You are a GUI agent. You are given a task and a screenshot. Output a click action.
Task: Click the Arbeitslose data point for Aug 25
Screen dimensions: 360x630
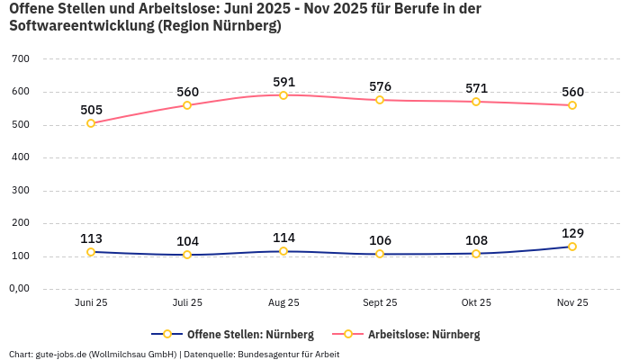pyautogui.click(x=283, y=95)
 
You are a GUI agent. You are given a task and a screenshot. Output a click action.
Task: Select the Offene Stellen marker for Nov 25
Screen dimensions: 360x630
pyautogui.click(x=571, y=247)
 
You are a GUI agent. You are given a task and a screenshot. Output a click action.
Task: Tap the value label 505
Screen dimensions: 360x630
pyautogui.click(x=91, y=110)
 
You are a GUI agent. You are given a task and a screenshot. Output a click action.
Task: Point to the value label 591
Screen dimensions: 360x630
pyautogui.click(x=283, y=82)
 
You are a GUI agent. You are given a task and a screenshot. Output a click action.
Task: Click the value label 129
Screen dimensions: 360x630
pyautogui.click(x=571, y=233)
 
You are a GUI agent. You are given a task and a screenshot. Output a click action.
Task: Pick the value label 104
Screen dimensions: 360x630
pyautogui.click(x=187, y=241)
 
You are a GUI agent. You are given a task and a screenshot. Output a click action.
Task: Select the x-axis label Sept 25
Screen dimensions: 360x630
pyautogui.click(x=380, y=303)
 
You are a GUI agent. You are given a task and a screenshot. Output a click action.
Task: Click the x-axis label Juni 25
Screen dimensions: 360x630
pyautogui.click(x=91, y=303)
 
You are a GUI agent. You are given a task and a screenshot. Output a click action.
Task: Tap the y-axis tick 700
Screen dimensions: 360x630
pyautogui.click(x=21, y=59)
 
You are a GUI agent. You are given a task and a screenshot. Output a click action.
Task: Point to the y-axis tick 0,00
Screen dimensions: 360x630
pyautogui.click(x=19, y=289)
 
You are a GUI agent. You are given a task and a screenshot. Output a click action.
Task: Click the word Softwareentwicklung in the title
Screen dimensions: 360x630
pyautogui.click(x=80, y=26)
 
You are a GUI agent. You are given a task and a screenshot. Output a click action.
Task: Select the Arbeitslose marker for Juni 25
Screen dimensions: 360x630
pyautogui.click(x=91, y=123)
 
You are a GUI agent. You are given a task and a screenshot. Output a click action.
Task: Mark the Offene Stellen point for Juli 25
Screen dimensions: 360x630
pyautogui.click(x=187, y=255)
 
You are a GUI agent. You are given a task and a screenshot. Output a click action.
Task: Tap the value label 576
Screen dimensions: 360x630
pyautogui.click(x=380, y=86)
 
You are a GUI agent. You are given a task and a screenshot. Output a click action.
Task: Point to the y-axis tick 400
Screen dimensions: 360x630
pyautogui.click(x=21, y=157)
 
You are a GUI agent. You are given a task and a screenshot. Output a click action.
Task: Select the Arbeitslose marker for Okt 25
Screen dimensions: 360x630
pyautogui.click(x=476, y=102)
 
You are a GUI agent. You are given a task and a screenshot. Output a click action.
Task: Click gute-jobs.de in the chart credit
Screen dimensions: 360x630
pyautogui.click(x=59, y=354)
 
